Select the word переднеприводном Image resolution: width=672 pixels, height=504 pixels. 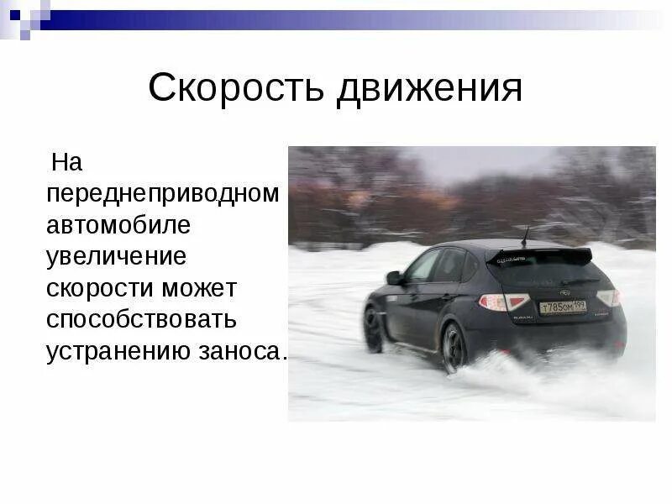tap(163, 194)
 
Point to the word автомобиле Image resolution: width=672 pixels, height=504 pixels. tap(118, 225)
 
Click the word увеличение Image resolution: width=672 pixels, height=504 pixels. tap(116, 256)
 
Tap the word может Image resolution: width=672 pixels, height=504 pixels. tap(201, 288)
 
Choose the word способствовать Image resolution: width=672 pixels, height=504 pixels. tap(142, 320)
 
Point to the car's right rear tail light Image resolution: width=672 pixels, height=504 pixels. tap(608, 297)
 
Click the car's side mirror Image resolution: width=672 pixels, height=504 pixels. tap(393, 277)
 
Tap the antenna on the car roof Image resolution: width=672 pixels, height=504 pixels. tap(525, 234)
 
